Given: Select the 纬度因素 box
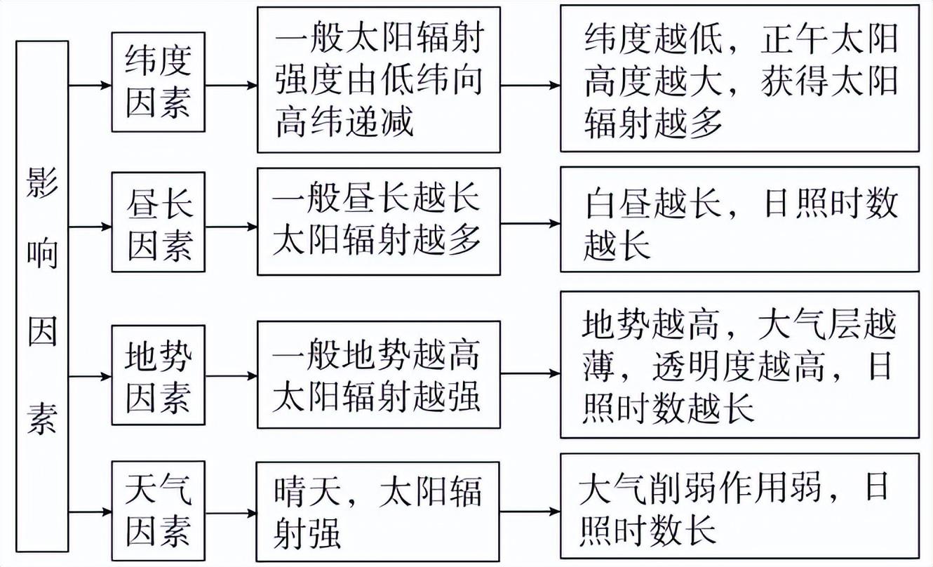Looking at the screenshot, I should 159,81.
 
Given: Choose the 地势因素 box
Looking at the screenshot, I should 159,376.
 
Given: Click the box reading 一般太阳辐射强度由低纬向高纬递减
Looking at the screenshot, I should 379,80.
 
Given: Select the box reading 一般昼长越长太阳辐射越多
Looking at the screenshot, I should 379,221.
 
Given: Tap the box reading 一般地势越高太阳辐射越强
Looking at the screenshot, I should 379,375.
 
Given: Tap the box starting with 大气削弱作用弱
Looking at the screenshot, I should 739,506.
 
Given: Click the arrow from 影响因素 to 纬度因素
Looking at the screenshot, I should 90,86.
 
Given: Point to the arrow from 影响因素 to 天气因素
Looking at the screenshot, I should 90,512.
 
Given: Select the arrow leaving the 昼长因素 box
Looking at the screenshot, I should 231,227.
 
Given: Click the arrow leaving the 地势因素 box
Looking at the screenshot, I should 231,376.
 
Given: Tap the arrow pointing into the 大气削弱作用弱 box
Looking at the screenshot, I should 530,511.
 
